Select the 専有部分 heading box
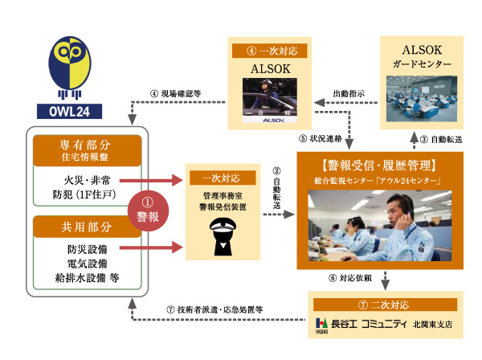click(x=76, y=150)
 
